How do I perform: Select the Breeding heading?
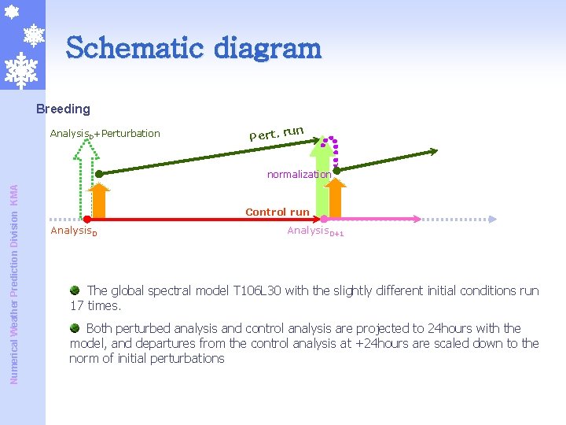click(x=63, y=109)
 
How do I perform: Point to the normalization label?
click(x=298, y=174)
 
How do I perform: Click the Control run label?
click(x=277, y=212)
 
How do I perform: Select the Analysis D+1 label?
click(x=315, y=231)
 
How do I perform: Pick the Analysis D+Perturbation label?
click(x=105, y=133)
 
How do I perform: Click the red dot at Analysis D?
click(x=87, y=220)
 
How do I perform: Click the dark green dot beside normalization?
click(x=336, y=170)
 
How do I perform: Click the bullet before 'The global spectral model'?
click(x=75, y=290)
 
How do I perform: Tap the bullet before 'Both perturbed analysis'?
click(x=75, y=328)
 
